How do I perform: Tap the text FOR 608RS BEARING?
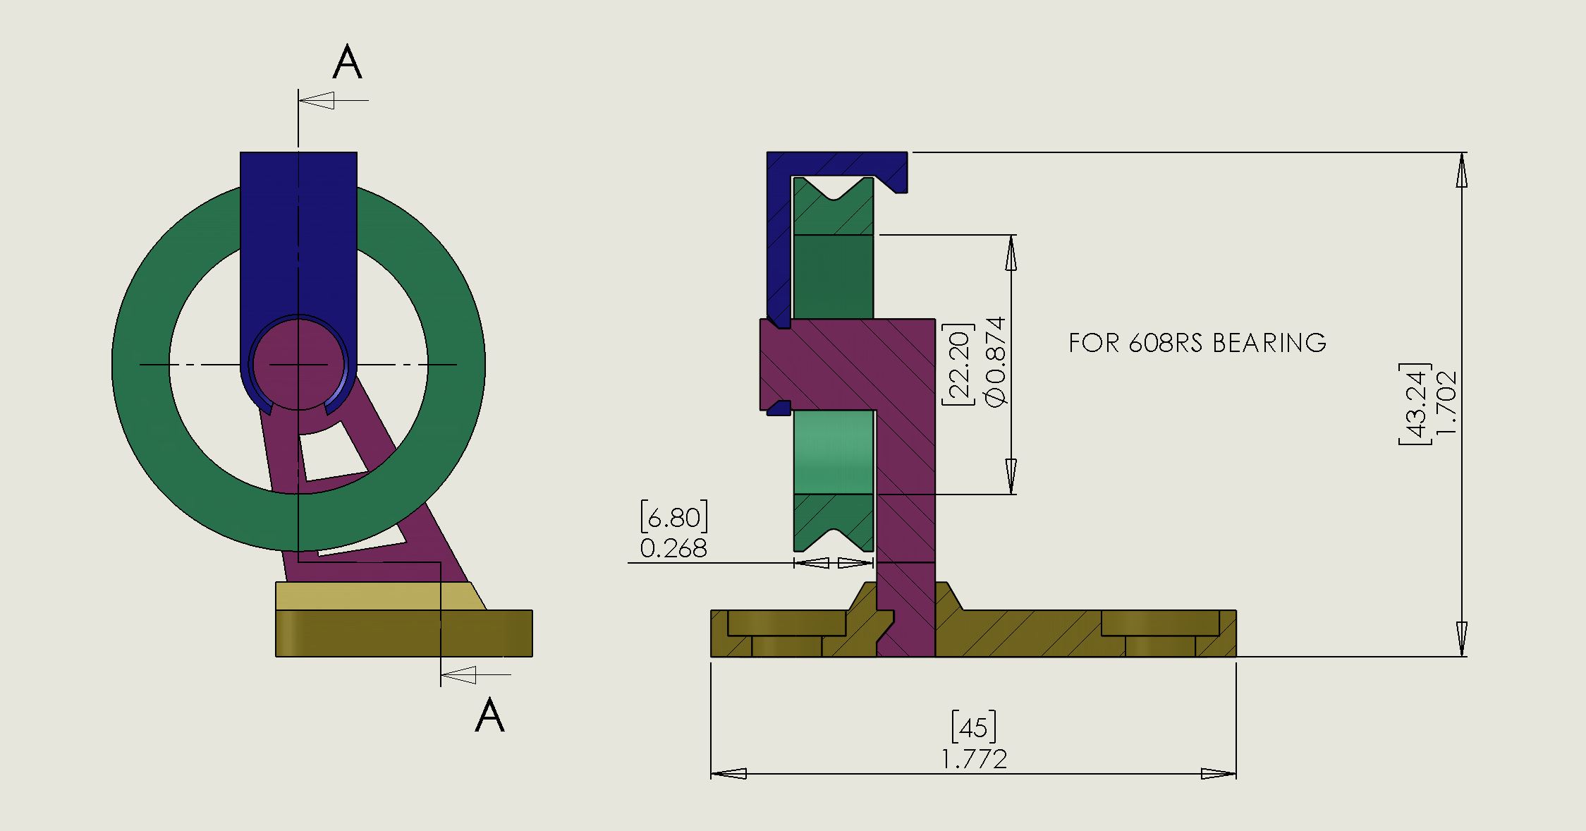pos(1197,343)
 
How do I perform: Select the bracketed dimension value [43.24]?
pos(1413,404)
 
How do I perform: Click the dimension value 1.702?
pos(1445,404)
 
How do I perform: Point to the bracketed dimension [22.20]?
pos(958,364)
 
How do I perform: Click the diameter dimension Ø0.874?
pos(994,361)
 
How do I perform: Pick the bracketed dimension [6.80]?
pos(673,517)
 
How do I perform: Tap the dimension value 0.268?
pos(673,548)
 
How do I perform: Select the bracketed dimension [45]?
pos(974,727)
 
